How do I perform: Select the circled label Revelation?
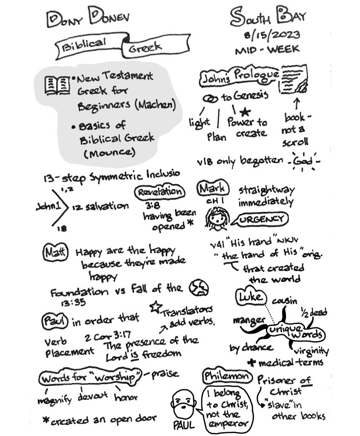point(160,192)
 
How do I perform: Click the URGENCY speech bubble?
point(260,219)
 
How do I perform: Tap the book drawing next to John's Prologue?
point(293,79)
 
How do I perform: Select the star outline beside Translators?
point(155,306)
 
